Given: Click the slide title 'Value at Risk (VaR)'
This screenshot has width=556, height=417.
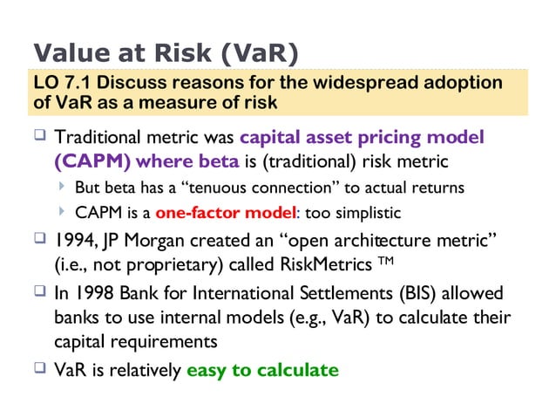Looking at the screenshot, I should tap(166, 52).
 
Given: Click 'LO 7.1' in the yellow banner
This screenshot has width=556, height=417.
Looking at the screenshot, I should tap(59, 84).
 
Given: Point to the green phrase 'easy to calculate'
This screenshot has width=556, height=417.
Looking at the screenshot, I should tap(262, 370).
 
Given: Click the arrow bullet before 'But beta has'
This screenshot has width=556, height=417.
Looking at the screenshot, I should tap(63, 188).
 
